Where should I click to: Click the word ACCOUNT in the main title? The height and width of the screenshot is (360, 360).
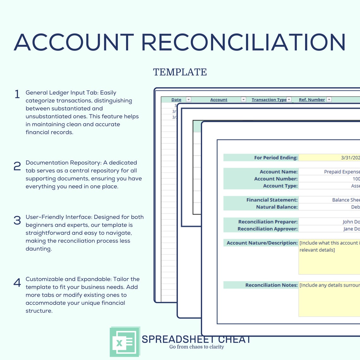(74, 42)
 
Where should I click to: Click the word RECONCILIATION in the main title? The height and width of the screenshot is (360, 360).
(243, 42)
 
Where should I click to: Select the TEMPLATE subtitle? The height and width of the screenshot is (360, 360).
(180, 72)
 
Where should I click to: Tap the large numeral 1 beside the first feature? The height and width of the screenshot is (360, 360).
(17, 94)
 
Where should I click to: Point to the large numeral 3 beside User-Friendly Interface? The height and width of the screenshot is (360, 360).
(17, 220)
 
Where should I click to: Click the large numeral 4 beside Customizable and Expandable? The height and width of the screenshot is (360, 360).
(17, 283)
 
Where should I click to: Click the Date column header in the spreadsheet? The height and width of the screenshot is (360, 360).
(176, 99)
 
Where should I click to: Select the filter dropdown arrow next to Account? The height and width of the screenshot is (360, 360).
(243, 99)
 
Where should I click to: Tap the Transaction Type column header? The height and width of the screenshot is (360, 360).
(269, 99)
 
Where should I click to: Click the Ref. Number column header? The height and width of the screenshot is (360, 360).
(312, 99)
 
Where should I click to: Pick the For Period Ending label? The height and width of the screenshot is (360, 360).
(276, 158)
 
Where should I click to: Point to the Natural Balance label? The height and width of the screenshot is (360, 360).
(277, 207)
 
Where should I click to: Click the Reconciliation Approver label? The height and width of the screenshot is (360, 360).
(267, 229)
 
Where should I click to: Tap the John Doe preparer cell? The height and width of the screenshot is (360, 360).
(351, 222)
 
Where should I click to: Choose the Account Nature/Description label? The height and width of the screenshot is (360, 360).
(262, 243)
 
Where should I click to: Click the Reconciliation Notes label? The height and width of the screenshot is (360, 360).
(271, 285)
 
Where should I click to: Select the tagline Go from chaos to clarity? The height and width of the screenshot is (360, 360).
(196, 347)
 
